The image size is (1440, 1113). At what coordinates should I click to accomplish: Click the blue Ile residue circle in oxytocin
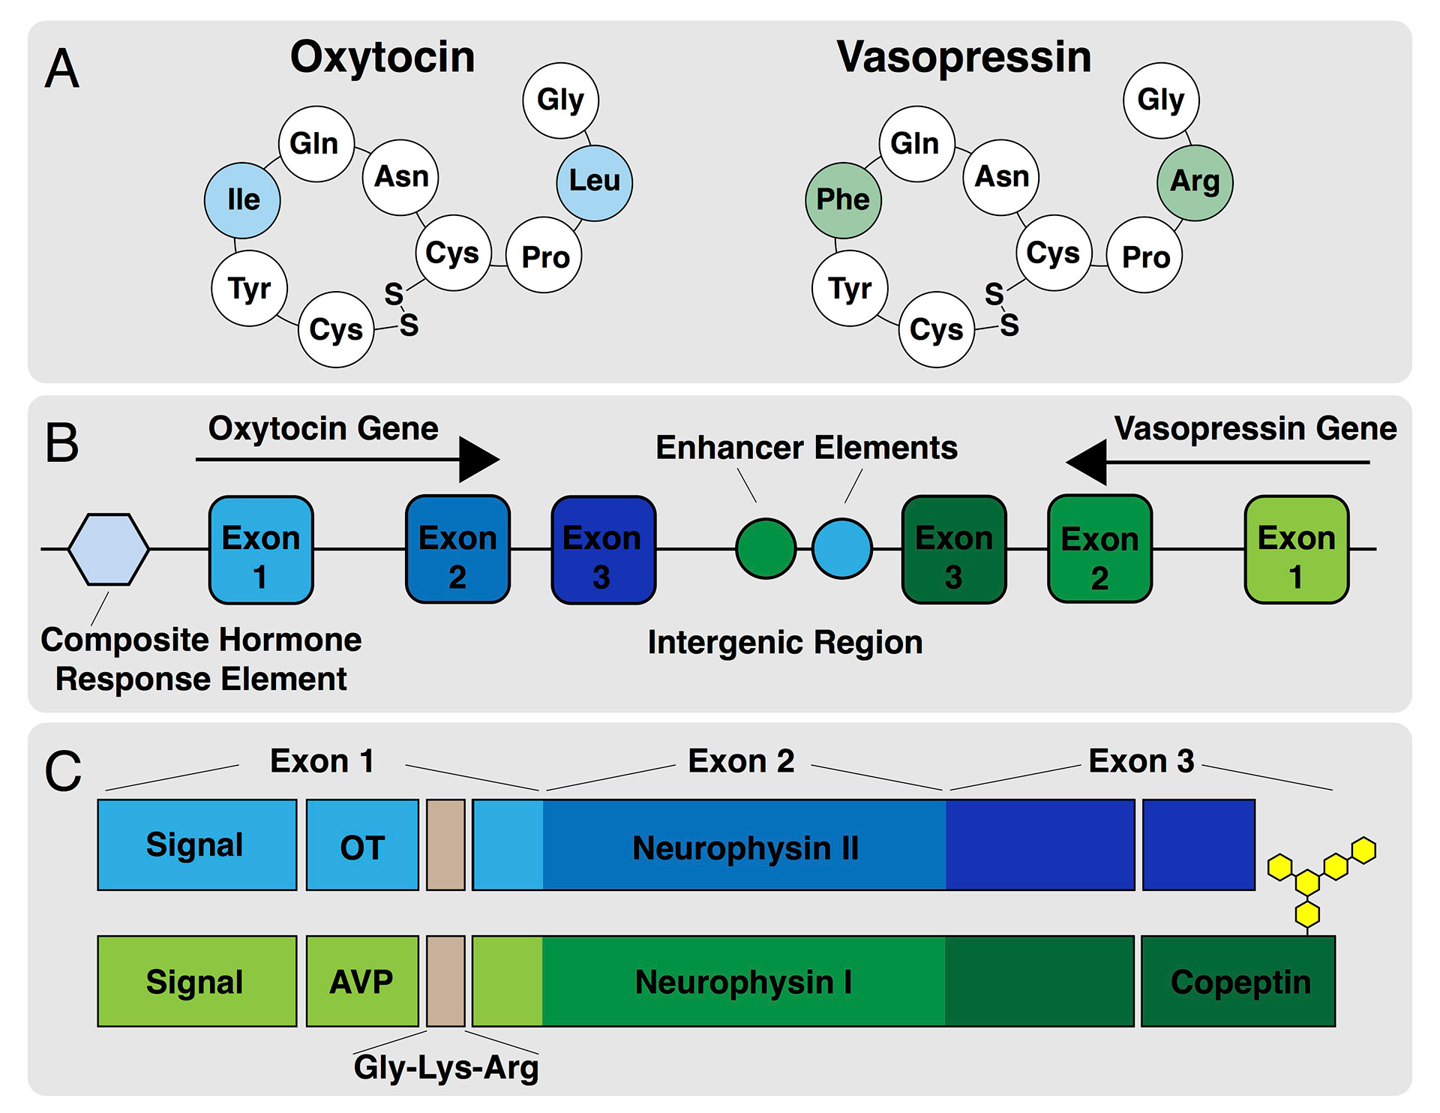[x=242, y=200]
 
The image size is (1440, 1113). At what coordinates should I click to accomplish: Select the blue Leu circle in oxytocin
[x=594, y=182]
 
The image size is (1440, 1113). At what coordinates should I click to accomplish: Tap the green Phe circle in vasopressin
[x=843, y=200]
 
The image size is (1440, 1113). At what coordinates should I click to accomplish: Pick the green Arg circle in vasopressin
[x=1195, y=182]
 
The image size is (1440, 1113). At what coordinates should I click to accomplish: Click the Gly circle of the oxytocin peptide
[x=560, y=100]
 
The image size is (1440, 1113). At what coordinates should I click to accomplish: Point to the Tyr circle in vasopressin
[x=850, y=288]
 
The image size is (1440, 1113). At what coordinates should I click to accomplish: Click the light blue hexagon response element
[x=109, y=549]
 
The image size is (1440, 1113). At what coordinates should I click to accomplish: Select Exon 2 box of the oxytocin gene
[x=457, y=549]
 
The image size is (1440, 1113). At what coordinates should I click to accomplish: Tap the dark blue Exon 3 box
[x=603, y=550]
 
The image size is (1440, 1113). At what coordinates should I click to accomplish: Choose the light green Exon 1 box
[x=1296, y=550]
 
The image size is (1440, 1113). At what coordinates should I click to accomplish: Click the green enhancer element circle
[x=766, y=549]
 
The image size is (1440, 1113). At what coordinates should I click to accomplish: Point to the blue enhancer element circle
[x=842, y=549]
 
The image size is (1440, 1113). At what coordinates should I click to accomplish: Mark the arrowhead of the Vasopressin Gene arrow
[x=1087, y=462]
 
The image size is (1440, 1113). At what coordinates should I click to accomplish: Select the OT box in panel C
[x=362, y=845]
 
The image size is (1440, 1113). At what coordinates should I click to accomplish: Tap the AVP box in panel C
[x=362, y=981]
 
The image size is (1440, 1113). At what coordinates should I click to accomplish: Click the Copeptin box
[x=1238, y=981]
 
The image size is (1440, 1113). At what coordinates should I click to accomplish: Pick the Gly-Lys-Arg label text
[x=446, y=1067]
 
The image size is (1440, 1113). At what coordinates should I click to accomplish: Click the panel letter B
[x=61, y=442]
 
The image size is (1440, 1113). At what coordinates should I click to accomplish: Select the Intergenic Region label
[x=785, y=643]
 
